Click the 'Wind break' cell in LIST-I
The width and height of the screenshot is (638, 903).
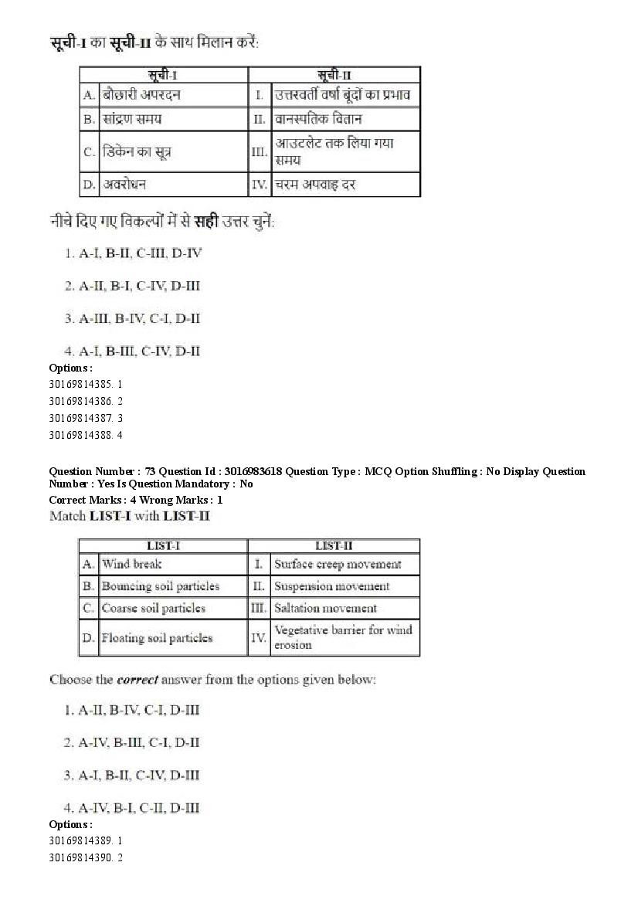(x=131, y=564)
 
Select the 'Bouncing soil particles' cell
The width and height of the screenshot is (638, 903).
(x=160, y=586)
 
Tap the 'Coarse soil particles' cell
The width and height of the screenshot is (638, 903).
(x=153, y=609)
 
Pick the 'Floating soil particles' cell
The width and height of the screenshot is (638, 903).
(x=157, y=638)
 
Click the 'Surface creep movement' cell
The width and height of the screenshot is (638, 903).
(x=338, y=564)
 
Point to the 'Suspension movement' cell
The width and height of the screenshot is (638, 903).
(x=332, y=586)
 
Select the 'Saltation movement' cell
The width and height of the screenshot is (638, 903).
(x=325, y=609)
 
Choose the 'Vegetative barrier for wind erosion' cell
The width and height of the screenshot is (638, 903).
(x=343, y=637)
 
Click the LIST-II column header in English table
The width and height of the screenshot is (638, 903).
(x=334, y=545)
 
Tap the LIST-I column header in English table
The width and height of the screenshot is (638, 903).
(x=163, y=545)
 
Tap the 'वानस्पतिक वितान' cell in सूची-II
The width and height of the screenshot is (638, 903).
(x=318, y=119)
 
